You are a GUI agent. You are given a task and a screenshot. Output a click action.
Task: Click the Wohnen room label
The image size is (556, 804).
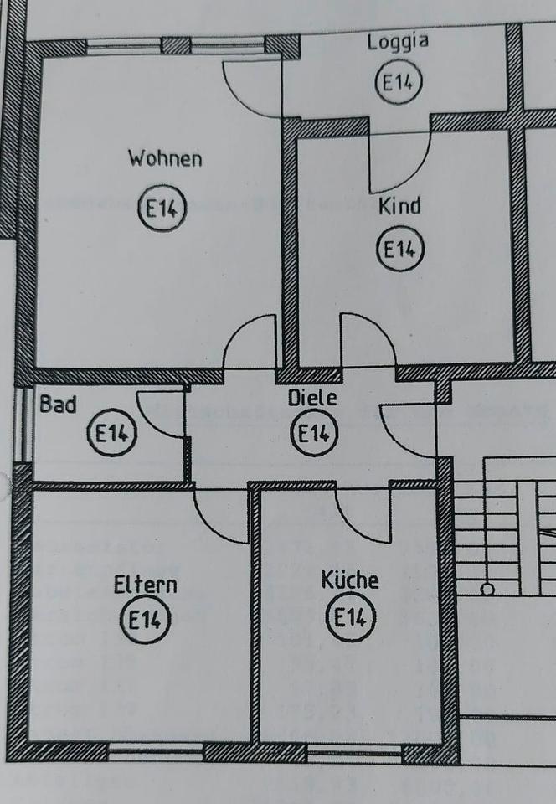(165, 157)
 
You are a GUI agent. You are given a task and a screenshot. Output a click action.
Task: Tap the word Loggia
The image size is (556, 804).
(398, 43)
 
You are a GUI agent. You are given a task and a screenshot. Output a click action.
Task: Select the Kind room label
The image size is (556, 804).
(399, 205)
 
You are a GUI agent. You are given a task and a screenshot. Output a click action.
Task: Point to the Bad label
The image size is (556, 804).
(58, 405)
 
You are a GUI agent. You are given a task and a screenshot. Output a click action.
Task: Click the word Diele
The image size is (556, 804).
(312, 398)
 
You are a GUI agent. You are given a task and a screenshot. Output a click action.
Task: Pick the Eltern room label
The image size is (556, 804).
(146, 584)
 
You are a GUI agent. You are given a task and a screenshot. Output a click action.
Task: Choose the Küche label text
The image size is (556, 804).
(350, 580)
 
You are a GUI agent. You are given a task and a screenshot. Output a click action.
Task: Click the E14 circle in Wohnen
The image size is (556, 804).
(162, 209)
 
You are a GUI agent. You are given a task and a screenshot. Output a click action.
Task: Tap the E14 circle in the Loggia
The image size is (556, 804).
(399, 83)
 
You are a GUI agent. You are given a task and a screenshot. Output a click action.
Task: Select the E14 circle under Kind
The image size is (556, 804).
(400, 250)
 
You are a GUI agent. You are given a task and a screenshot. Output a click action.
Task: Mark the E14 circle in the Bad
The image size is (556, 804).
(111, 434)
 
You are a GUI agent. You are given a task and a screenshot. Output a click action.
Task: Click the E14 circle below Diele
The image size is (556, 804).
(313, 434)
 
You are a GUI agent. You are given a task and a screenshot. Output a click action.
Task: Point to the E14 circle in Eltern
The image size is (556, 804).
(146, 621)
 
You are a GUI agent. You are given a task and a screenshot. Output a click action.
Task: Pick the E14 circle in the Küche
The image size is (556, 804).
(350, 619)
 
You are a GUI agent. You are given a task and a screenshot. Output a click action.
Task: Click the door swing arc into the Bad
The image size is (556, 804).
(159, 415)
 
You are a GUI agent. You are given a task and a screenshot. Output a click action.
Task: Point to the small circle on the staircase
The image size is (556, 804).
(487, 589)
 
